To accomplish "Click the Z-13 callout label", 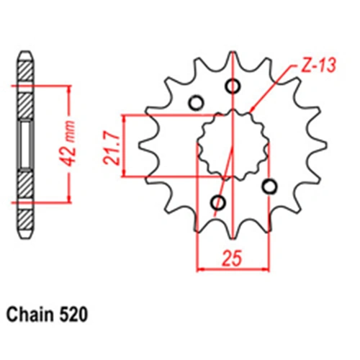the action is (318, 65).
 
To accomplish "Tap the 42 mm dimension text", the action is (67, 144).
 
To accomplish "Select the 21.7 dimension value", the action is (112, 148).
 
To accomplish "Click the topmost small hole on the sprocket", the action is (233, 86).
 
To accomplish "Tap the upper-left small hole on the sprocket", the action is (197, 103).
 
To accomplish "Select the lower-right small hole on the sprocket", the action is (269, 186).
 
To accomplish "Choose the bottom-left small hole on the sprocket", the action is (218, 203).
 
